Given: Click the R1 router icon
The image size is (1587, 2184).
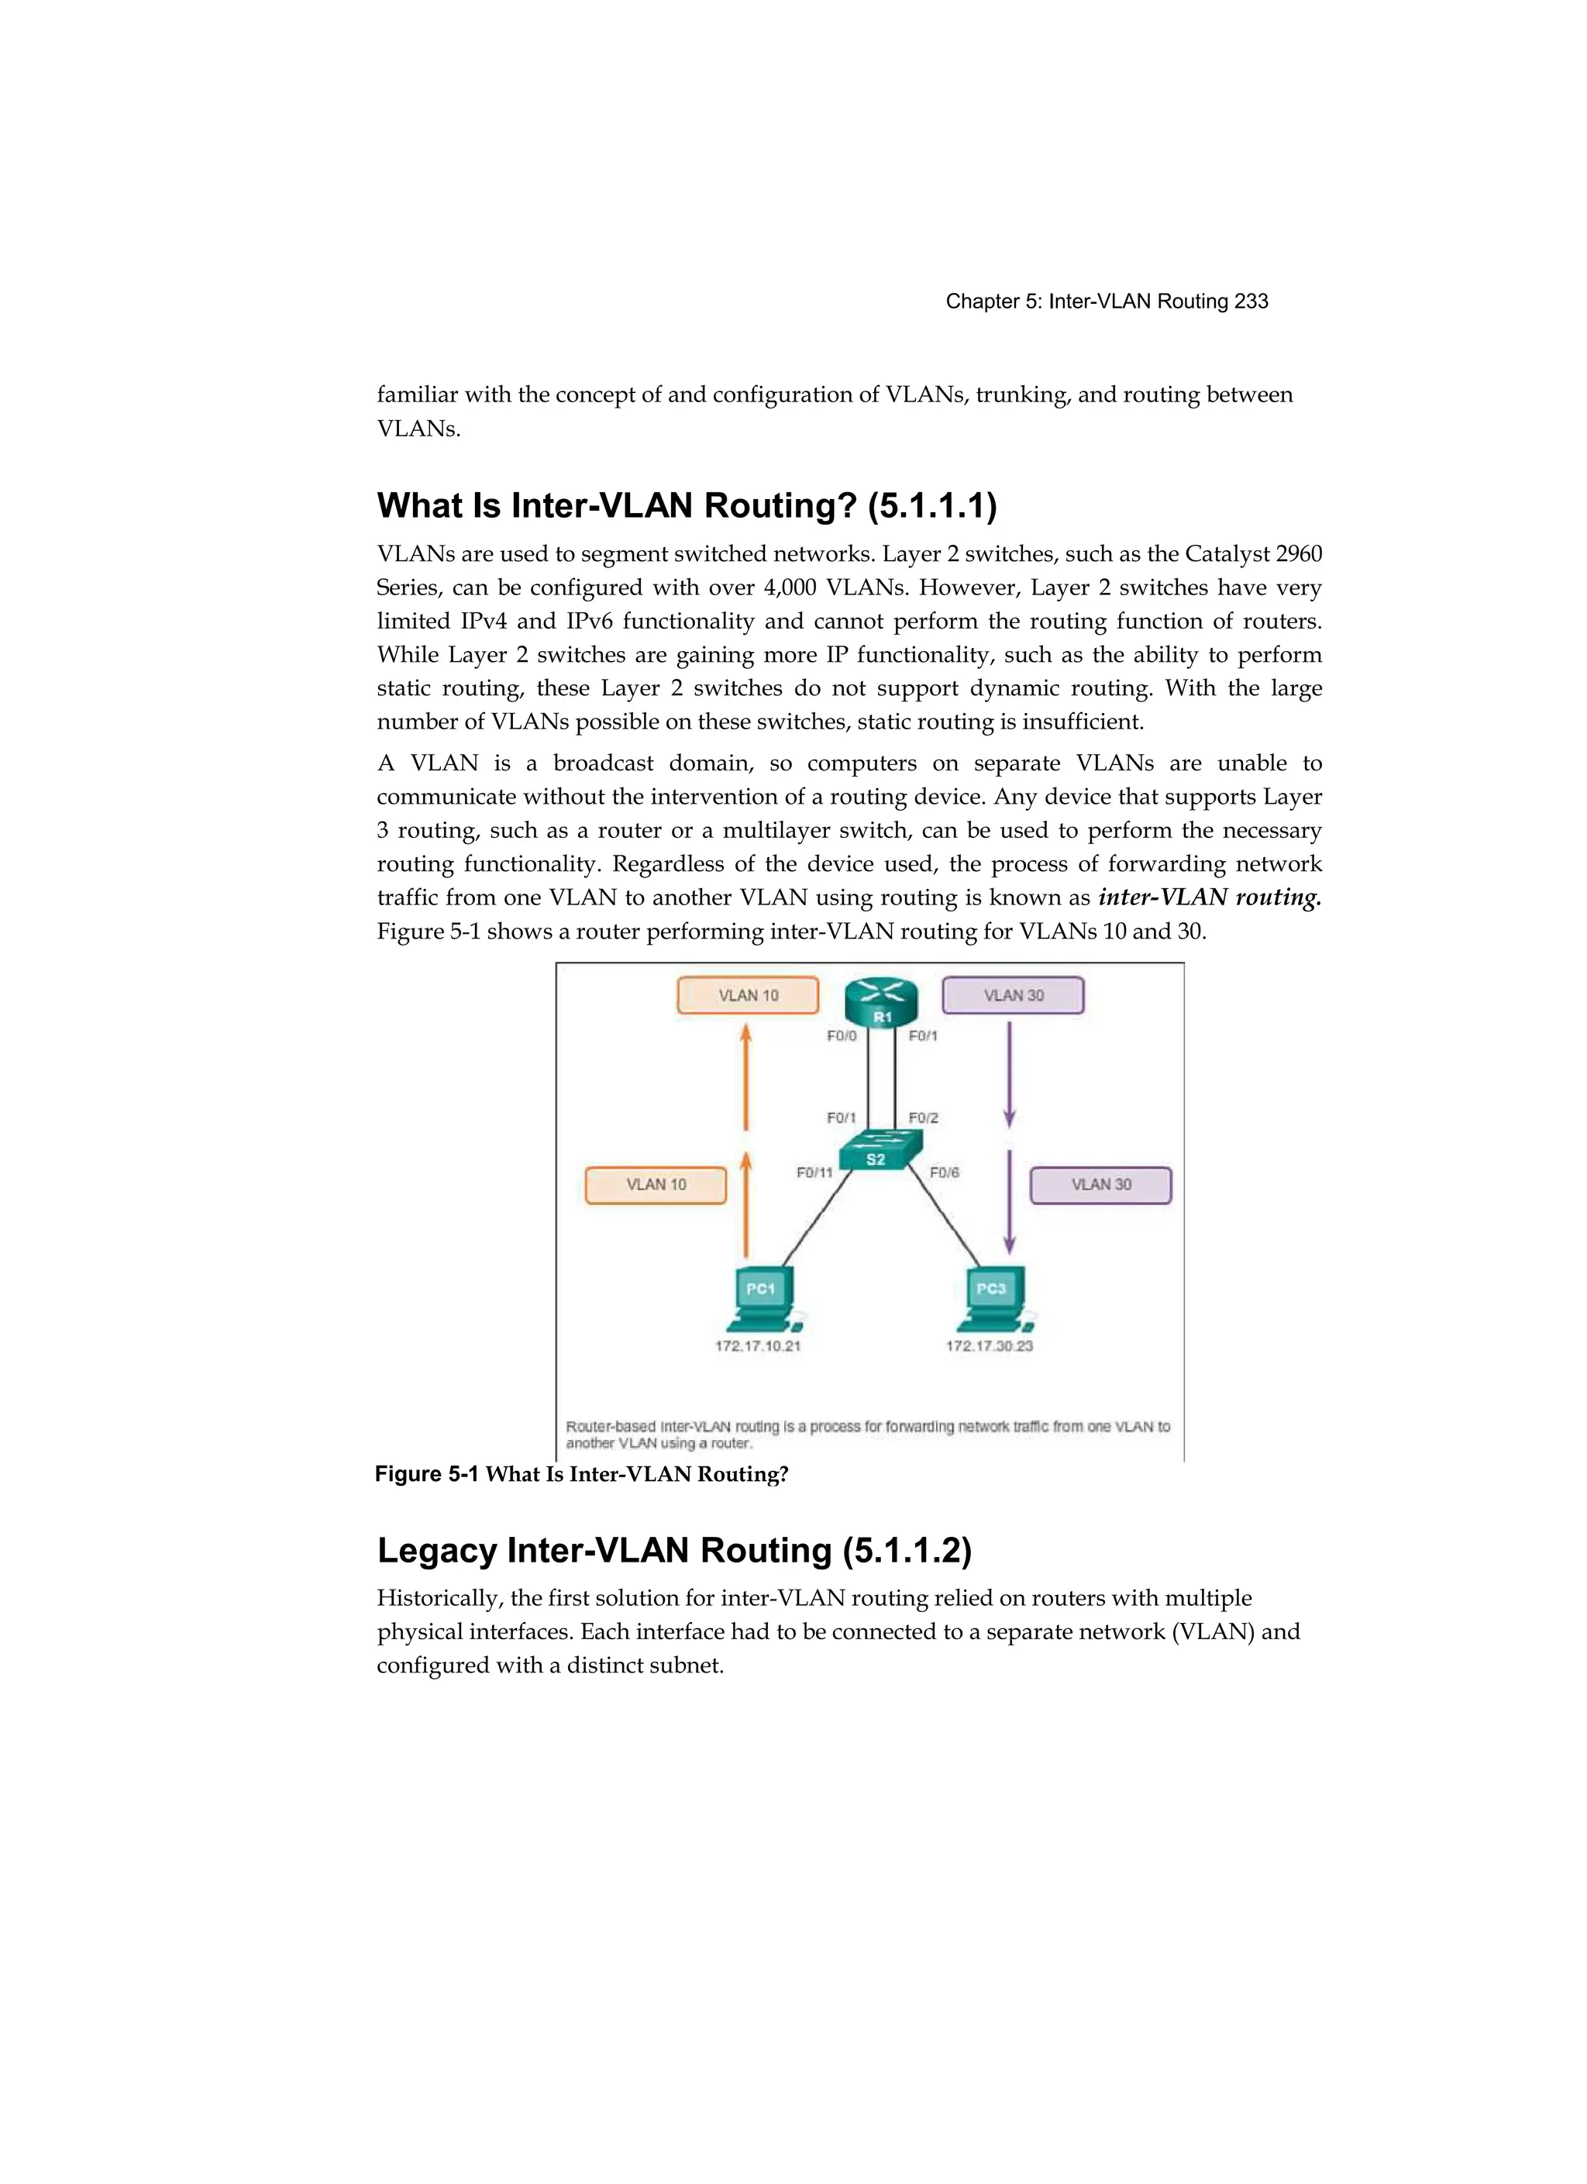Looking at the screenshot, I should point(881,1001).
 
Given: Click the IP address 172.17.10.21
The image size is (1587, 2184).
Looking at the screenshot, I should point(757,1345).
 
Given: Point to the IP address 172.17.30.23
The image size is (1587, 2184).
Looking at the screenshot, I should point(989,1345).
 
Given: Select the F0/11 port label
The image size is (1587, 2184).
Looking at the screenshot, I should point(814,1172).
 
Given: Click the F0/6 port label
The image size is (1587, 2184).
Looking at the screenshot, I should point(944,1172).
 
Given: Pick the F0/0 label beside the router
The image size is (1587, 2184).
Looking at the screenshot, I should point(841,1036).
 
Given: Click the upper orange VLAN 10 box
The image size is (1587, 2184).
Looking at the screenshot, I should point(749,996).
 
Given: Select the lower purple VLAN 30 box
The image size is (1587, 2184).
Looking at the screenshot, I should point(1100,1184).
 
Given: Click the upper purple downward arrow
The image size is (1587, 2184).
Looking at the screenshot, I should point(1009,1073).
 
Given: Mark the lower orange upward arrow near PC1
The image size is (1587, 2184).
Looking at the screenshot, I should point(745,1204).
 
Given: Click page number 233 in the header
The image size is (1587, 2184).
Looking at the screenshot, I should point(1251,301).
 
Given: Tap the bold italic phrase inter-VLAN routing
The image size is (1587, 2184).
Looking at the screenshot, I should point(1209,897).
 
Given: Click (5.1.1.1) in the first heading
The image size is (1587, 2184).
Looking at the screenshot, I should point(931,505).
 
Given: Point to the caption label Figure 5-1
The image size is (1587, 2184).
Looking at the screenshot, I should point(425,1474).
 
